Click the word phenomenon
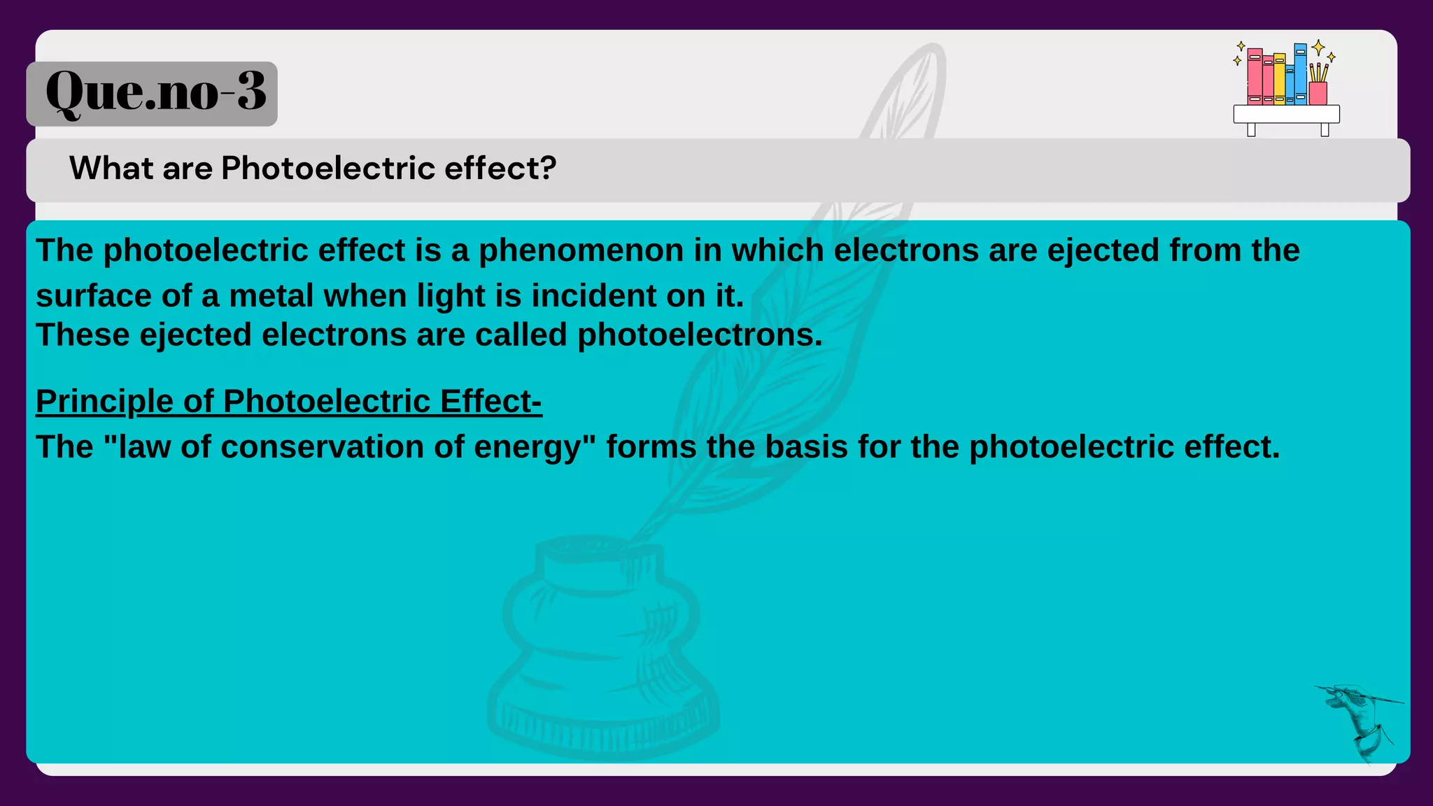[581, 251]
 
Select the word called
[521, 335]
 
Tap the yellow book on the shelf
[1279, 78]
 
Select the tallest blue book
[1300, 73]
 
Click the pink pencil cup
[1318, 93]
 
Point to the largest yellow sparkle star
[1318, 48]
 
